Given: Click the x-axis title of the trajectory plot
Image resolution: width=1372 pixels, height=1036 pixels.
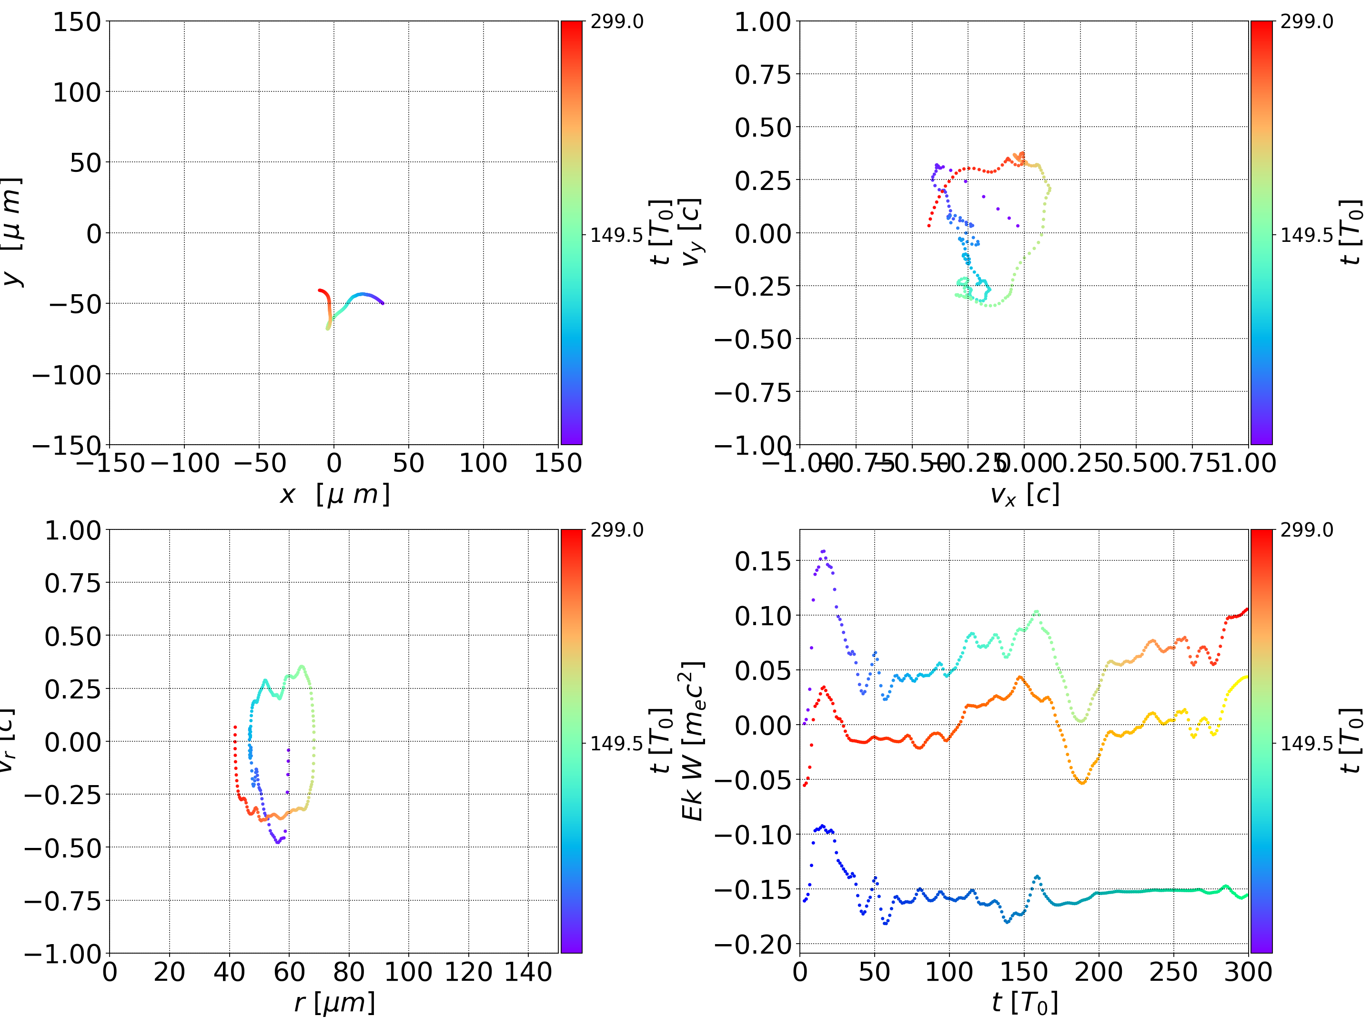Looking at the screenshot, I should click(x=334, y=494).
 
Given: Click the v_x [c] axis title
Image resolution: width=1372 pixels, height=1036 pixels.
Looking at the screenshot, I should click(x=1024, y=494).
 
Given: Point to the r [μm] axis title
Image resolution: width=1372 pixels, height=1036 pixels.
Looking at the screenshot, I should click(x=334, y=1003).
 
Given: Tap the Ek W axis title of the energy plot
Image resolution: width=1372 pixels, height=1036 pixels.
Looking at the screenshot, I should click(x=692, y=741).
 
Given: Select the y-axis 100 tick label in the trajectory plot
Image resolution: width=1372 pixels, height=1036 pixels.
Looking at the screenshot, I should click(x=76, y=92).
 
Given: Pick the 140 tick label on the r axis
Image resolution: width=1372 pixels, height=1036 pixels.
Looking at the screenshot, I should click(x=528, y=972).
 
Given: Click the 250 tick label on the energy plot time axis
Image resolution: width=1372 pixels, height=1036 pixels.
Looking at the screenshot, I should click(x=1173, y=972).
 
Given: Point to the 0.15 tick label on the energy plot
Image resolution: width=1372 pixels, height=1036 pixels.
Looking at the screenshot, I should click(x=764, y=561).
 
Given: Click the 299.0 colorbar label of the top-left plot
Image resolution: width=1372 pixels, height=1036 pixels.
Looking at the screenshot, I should click(x=616, y=22).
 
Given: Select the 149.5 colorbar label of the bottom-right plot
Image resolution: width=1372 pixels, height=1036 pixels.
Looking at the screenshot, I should click(x=1306, y=743).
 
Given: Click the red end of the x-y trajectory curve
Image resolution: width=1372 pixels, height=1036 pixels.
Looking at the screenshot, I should click(x=320, y=290).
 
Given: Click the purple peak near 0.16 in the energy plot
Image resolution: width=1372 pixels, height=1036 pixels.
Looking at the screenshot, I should click(x=823, y=550).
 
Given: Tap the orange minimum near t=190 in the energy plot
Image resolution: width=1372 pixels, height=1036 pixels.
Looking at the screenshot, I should click(x=1082, y=782).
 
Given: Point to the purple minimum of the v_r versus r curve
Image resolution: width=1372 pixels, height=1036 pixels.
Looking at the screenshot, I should click(x=278, y=842).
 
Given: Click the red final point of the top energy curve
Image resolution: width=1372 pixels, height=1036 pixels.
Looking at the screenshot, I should click(x=1247, y=610).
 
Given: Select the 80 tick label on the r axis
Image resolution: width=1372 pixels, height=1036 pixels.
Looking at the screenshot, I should click(x=349, y=972).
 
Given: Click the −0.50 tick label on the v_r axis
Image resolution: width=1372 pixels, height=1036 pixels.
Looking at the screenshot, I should click(x=62, y=847).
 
